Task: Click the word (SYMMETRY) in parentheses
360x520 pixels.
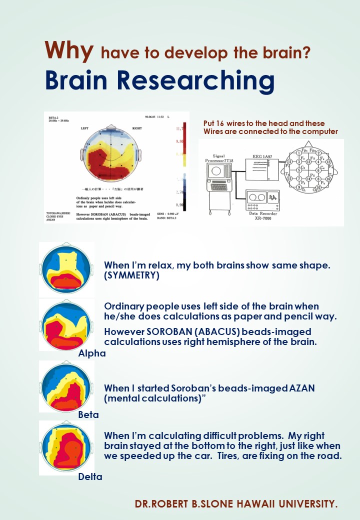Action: pos(131,275)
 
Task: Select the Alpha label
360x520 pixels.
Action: pos(92,353)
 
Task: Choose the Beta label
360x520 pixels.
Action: pos(88,415)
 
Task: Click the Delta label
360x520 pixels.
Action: pos(90,477)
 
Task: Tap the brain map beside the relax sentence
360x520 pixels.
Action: pos(66,269)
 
